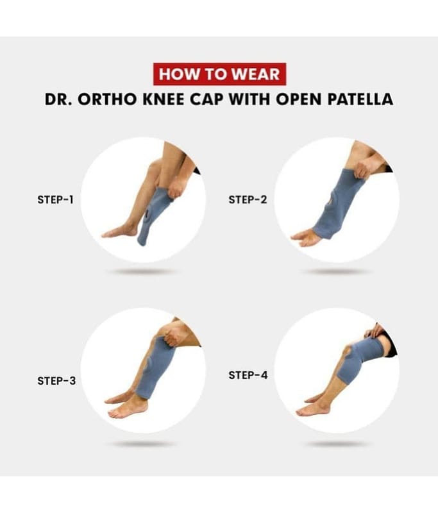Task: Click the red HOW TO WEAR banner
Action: tap(219, 74)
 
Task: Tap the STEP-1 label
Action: tap(55, 199)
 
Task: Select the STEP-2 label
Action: tap(248, 199)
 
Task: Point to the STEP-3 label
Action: tap(56, 381)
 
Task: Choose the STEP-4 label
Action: tap(248, 375)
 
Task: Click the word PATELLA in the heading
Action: tap(360, 99)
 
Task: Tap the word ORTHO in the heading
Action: tap(107, 99)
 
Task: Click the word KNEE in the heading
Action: tap(164, 99)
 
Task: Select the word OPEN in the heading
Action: tap(299, 99)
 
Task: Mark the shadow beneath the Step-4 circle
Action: tap(337, 444)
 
